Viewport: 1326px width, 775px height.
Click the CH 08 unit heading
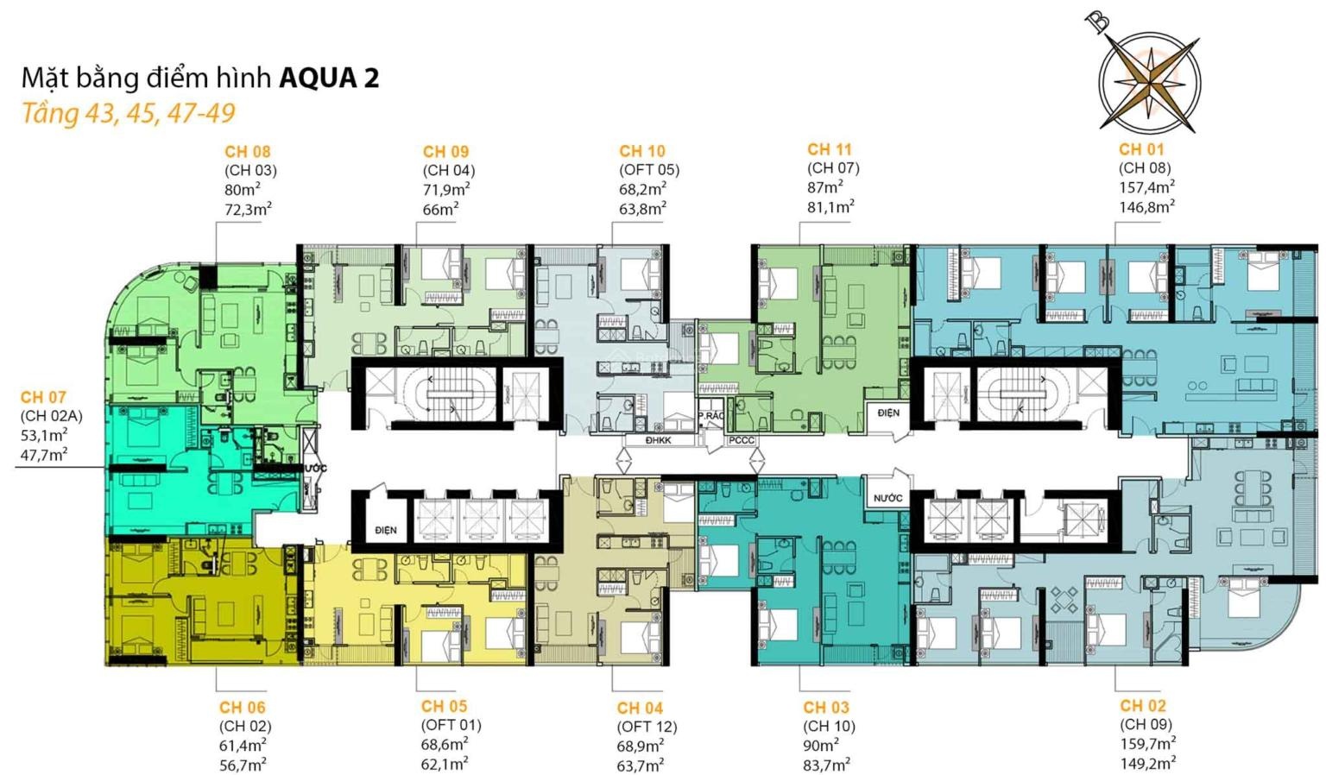click(x=248, y=151)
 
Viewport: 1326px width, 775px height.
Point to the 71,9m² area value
click(x=446, y=190)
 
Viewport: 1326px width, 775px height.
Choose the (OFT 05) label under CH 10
click(x=649, y=170)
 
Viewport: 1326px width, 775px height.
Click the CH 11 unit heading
click(x=829, y=149)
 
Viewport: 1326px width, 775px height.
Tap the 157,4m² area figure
click(x=1146, y=187)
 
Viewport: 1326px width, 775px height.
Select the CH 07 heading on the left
click(x=43, y=397)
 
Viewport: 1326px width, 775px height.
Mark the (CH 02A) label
click(x=52, y=416)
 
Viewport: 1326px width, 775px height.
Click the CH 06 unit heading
click(x=242, y=707)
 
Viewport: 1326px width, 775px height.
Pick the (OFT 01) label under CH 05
click(x=451, y=725)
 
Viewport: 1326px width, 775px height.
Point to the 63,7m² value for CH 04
click(x=640, y=766)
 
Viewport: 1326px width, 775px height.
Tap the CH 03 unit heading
click(x=826, y=707)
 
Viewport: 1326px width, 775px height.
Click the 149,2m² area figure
click(x=1148, y=763)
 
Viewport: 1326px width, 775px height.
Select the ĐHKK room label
click(x=659, y=440)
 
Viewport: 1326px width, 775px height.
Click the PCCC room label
click(x=742, y=440)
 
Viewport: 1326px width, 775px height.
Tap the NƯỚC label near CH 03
click(x=888, y=498)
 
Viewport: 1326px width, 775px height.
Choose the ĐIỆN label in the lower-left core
click(x=386, y=530)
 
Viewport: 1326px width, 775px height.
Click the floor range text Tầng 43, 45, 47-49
click(x=129, y=113)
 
